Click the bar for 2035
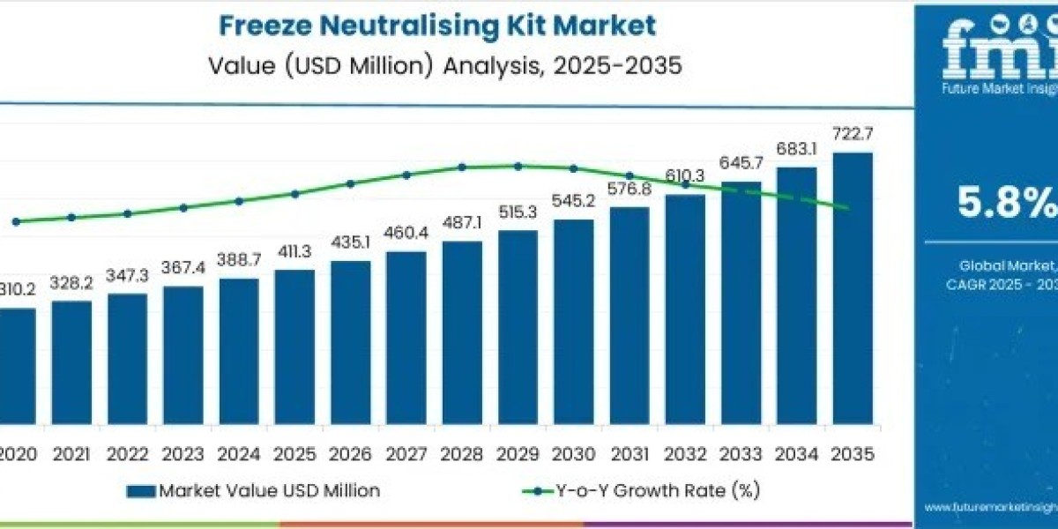click(x=853, y=300)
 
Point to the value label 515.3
click(x=518, y=213)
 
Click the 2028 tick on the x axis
click(x=462, y=454)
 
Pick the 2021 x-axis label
click(x=71, y=454)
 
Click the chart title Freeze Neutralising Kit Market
click(x=437, y=26)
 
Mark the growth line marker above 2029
click(x=518, y=166)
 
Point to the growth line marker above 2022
click(x=127, y=213)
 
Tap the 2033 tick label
click(x=741, y=454)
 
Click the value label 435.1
click(x=350, y=242)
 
